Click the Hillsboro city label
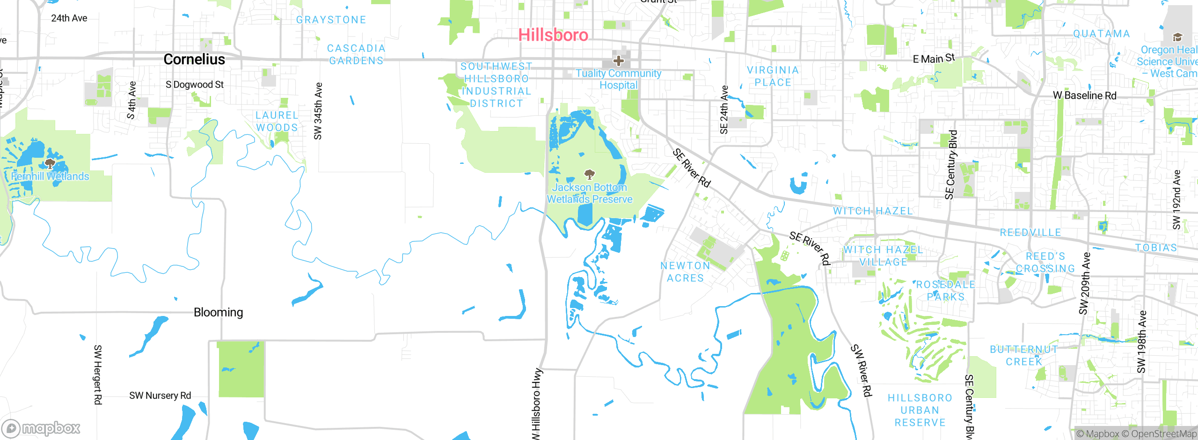point(553,35)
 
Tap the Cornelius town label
point(194,59)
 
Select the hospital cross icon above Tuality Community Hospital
point(618,61)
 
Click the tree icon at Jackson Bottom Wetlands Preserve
point(590,175)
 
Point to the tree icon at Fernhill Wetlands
point(50,164)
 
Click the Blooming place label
point(218,312)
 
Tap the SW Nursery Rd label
point(160,396)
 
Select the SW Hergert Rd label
point(98,374)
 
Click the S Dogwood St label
point(195,85)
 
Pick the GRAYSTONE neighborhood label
point(331,20)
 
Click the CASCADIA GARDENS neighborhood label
point(356,54)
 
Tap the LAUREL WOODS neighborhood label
point(277,121)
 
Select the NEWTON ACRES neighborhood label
point(685,272)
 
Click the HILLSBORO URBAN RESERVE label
point(920,410)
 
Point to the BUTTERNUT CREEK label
point(1024,355)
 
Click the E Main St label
point(934,59)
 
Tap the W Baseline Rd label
point(1084,95)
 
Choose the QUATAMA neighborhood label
point(1101,34)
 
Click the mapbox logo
point(41,428)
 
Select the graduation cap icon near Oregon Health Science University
point(1177,37)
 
